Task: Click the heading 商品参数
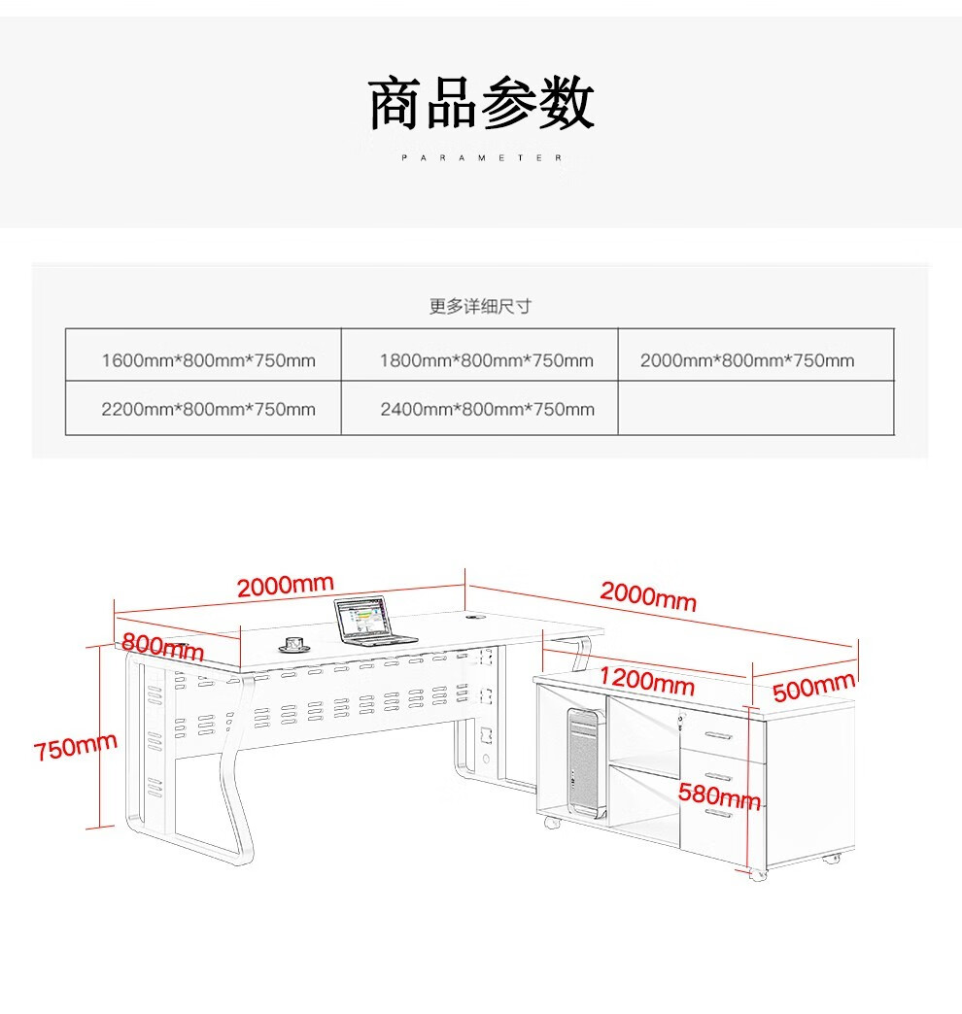481,104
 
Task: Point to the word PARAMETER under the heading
481,157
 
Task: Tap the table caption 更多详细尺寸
481,307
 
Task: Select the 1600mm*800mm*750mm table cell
208,361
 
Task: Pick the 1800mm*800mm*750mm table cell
486,361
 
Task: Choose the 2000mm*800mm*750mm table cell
747,361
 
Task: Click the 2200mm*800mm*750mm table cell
208,409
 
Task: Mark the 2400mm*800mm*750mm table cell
486,409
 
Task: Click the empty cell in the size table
756,409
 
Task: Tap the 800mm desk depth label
162,646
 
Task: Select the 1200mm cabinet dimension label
646,680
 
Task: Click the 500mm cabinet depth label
813,688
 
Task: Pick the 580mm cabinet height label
719,796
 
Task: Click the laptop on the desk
369,622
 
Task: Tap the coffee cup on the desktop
292,644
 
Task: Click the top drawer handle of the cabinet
720,733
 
